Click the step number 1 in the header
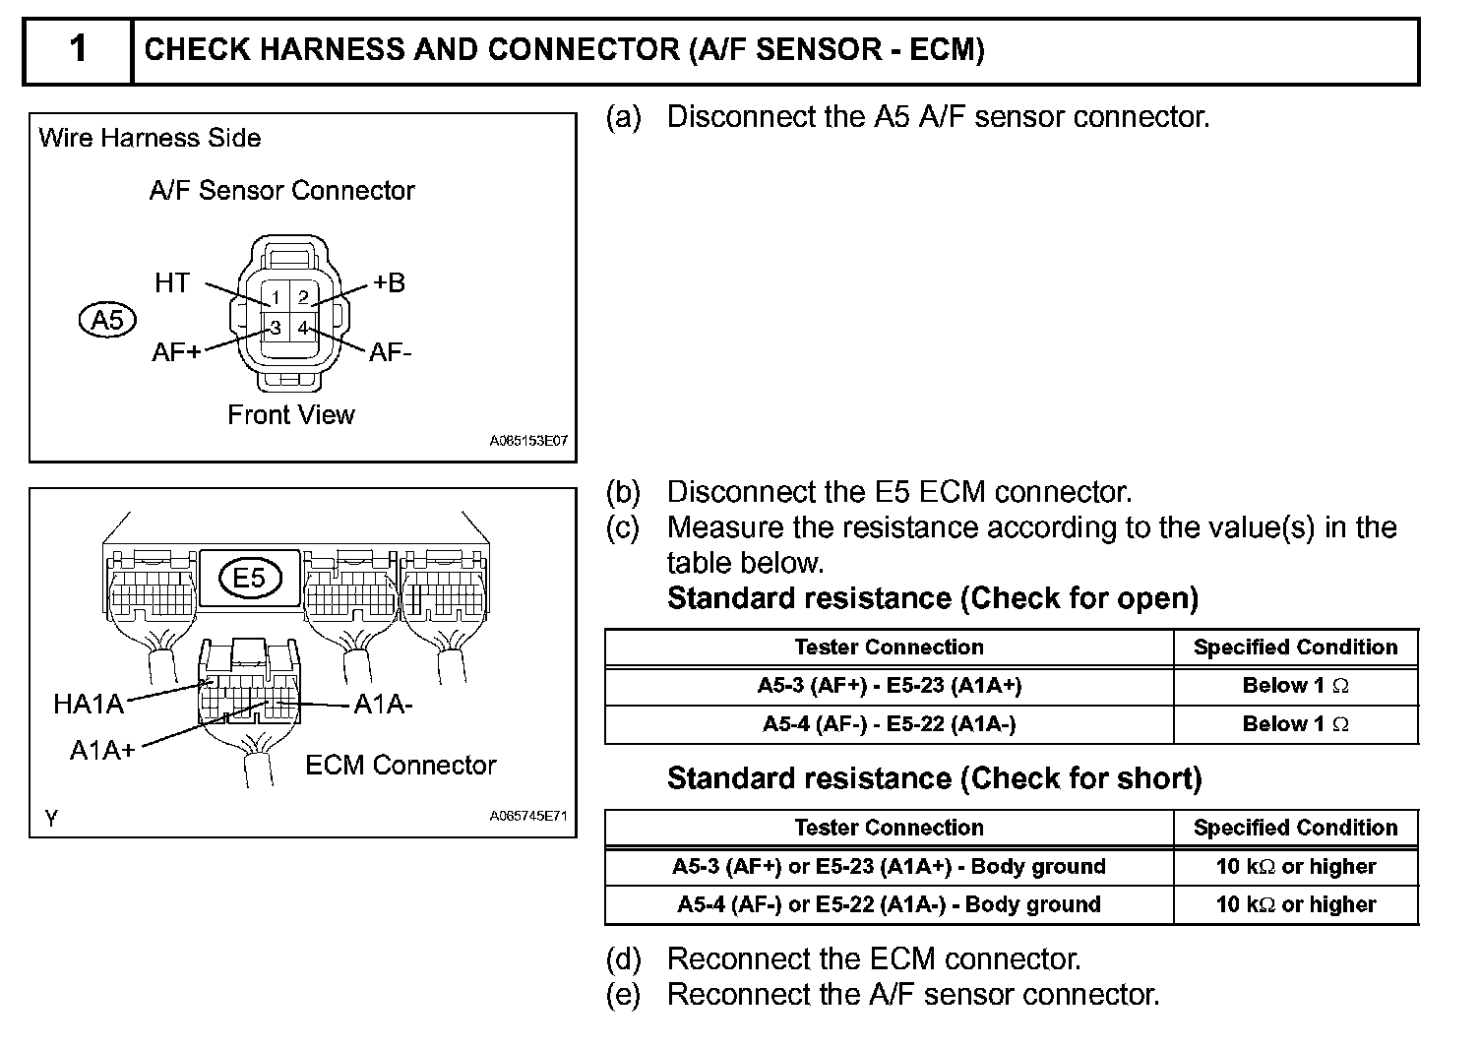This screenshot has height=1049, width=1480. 78,49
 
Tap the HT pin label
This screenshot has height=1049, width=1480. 171,283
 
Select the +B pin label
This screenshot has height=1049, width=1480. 389,283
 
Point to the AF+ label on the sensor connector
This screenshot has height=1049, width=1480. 175,352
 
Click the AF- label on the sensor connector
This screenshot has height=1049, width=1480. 390,352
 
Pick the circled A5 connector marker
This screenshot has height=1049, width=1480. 107,320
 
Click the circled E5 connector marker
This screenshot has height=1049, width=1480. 249,578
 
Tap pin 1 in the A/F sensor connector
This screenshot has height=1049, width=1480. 276,297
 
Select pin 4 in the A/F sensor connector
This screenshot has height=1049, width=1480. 303,328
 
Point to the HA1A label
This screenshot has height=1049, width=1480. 89,704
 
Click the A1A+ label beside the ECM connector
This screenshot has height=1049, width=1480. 101,751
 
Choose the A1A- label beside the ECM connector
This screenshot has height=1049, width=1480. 383,705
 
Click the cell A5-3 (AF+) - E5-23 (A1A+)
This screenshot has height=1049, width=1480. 889,686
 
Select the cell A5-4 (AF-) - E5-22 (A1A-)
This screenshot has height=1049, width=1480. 889,724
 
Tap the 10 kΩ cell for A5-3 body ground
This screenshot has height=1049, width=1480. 1295,867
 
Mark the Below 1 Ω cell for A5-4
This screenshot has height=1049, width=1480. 1295,724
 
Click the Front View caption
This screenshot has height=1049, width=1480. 290,415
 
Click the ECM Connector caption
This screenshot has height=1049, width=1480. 401,766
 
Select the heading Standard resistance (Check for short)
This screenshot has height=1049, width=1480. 934,779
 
